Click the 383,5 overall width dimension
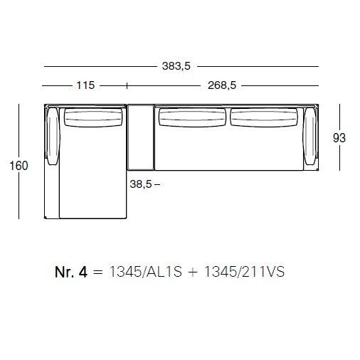click(x=176, y=66)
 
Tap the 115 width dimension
click(x=85, y=85)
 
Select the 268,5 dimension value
click(x=222, y=85)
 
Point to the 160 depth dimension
click(x=18, y=166)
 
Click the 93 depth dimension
click(x=339, y=138)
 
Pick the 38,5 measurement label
click(x=141, y=184)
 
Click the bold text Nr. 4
click(x=71, y=272)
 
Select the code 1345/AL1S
click(x=146, y=272)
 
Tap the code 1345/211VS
click(x=244, y=272)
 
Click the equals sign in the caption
click(x=98, y=272)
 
